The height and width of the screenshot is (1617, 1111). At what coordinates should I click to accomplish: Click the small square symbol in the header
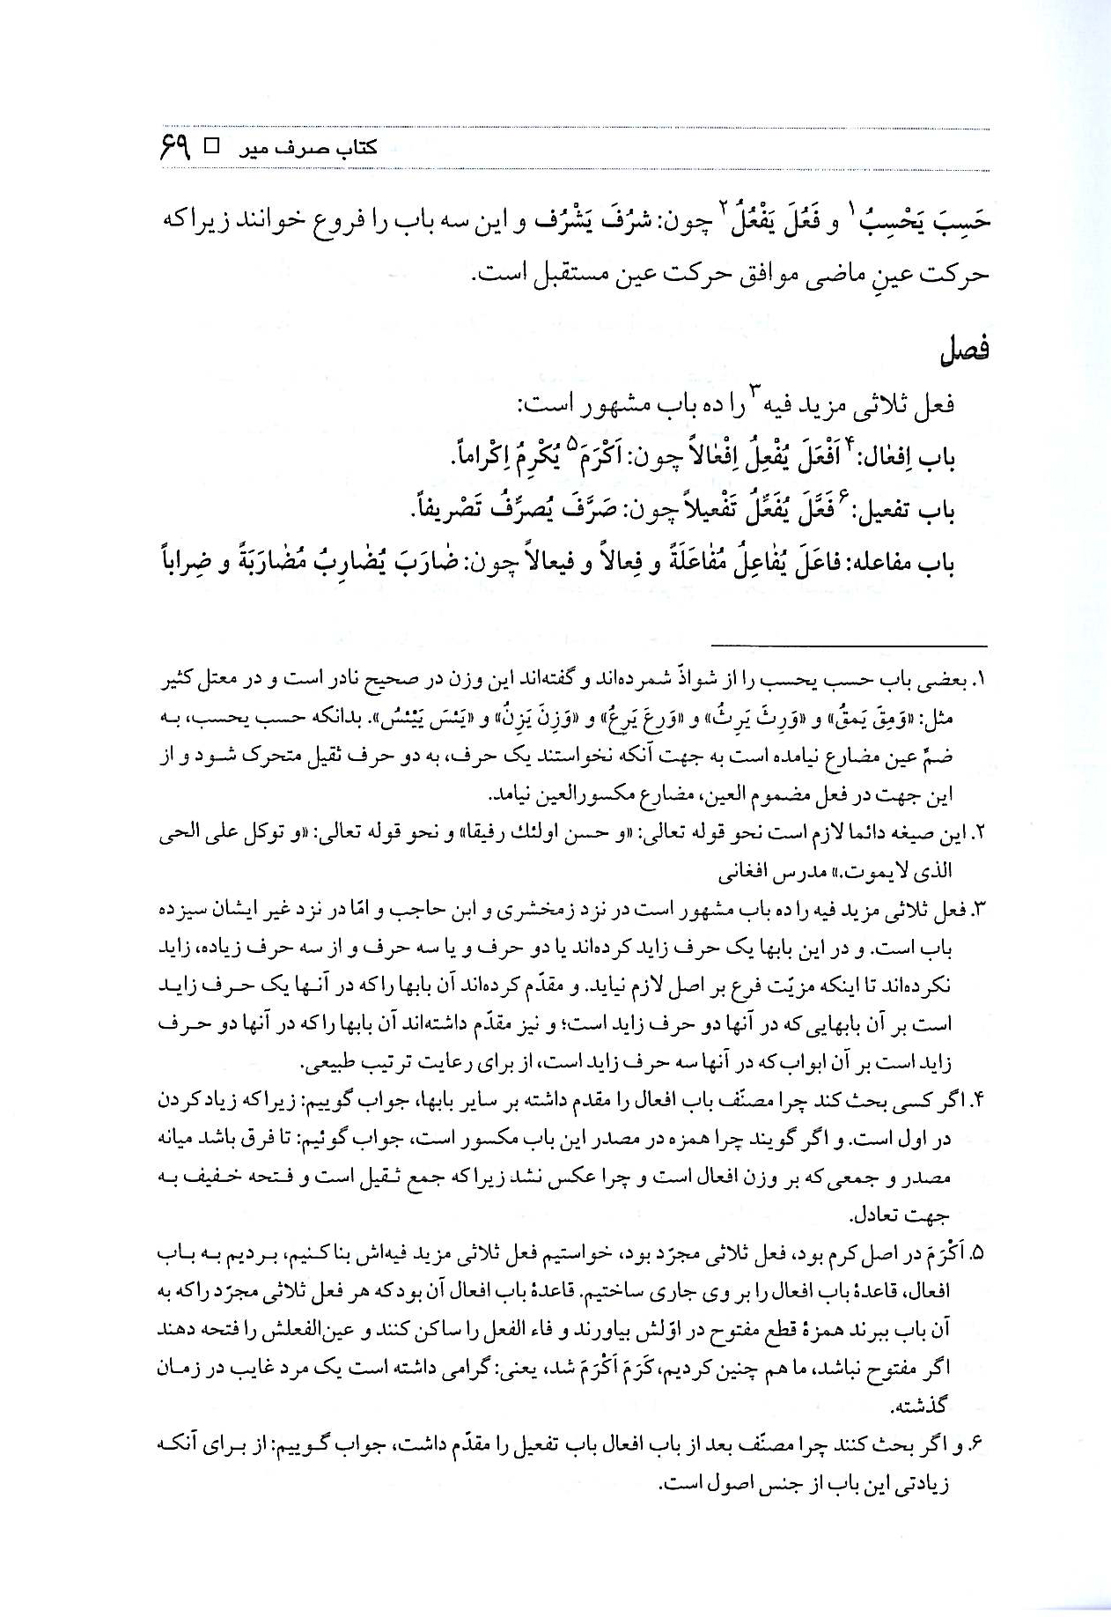213,146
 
